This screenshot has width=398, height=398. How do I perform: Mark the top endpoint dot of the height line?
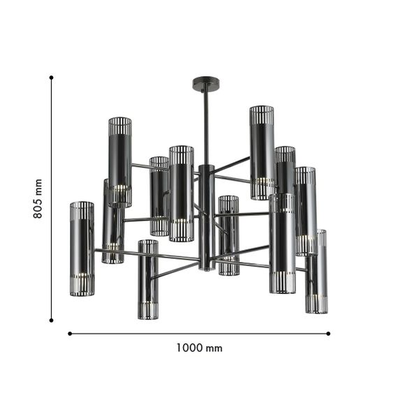pos(52,78)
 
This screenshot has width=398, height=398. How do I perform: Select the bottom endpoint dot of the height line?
pos(52,320)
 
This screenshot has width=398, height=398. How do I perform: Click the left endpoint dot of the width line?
pos(70,334)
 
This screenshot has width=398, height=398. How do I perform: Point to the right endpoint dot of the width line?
pos(328,334)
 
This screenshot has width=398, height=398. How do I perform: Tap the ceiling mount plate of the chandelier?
pos(205,84)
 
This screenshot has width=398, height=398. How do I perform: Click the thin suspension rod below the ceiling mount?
pos(205,126)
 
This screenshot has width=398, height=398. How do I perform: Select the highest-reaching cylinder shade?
pos(262,152)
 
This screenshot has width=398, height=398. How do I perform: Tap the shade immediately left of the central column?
pos(181,193)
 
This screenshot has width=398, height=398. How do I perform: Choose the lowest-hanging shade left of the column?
pos(147,279)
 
